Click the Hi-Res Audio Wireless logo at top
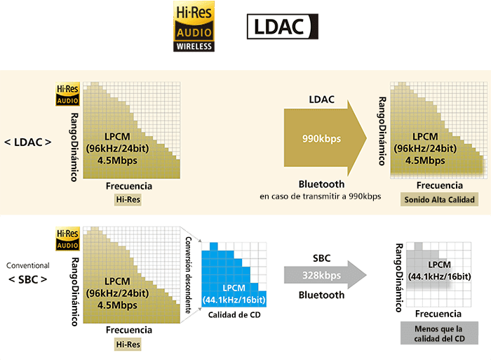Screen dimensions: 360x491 (x=195, y=27)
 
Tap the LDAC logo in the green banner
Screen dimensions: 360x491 (x=283, y=27)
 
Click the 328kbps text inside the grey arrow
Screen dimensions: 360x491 (x=321, y=275)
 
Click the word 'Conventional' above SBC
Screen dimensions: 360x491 (x=27, y=266)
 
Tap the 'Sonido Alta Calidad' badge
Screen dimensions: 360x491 (x=440, y=200)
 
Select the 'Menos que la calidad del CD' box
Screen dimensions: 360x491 (x=438, y=333)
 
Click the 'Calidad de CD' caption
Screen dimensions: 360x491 (x=236, y=315)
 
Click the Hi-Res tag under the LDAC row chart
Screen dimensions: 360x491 (x=128, y=201)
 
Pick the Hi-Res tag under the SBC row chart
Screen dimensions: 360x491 (x=128, y=344)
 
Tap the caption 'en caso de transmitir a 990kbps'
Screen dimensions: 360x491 (x=320, y=196)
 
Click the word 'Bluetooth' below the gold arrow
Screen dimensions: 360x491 (x=321, y=184)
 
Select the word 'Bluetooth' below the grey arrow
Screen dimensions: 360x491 (x=321, y=295)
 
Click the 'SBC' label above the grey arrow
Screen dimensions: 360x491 (x=321, y=258)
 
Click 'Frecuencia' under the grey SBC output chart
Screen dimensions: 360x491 (x=438, y=314)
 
